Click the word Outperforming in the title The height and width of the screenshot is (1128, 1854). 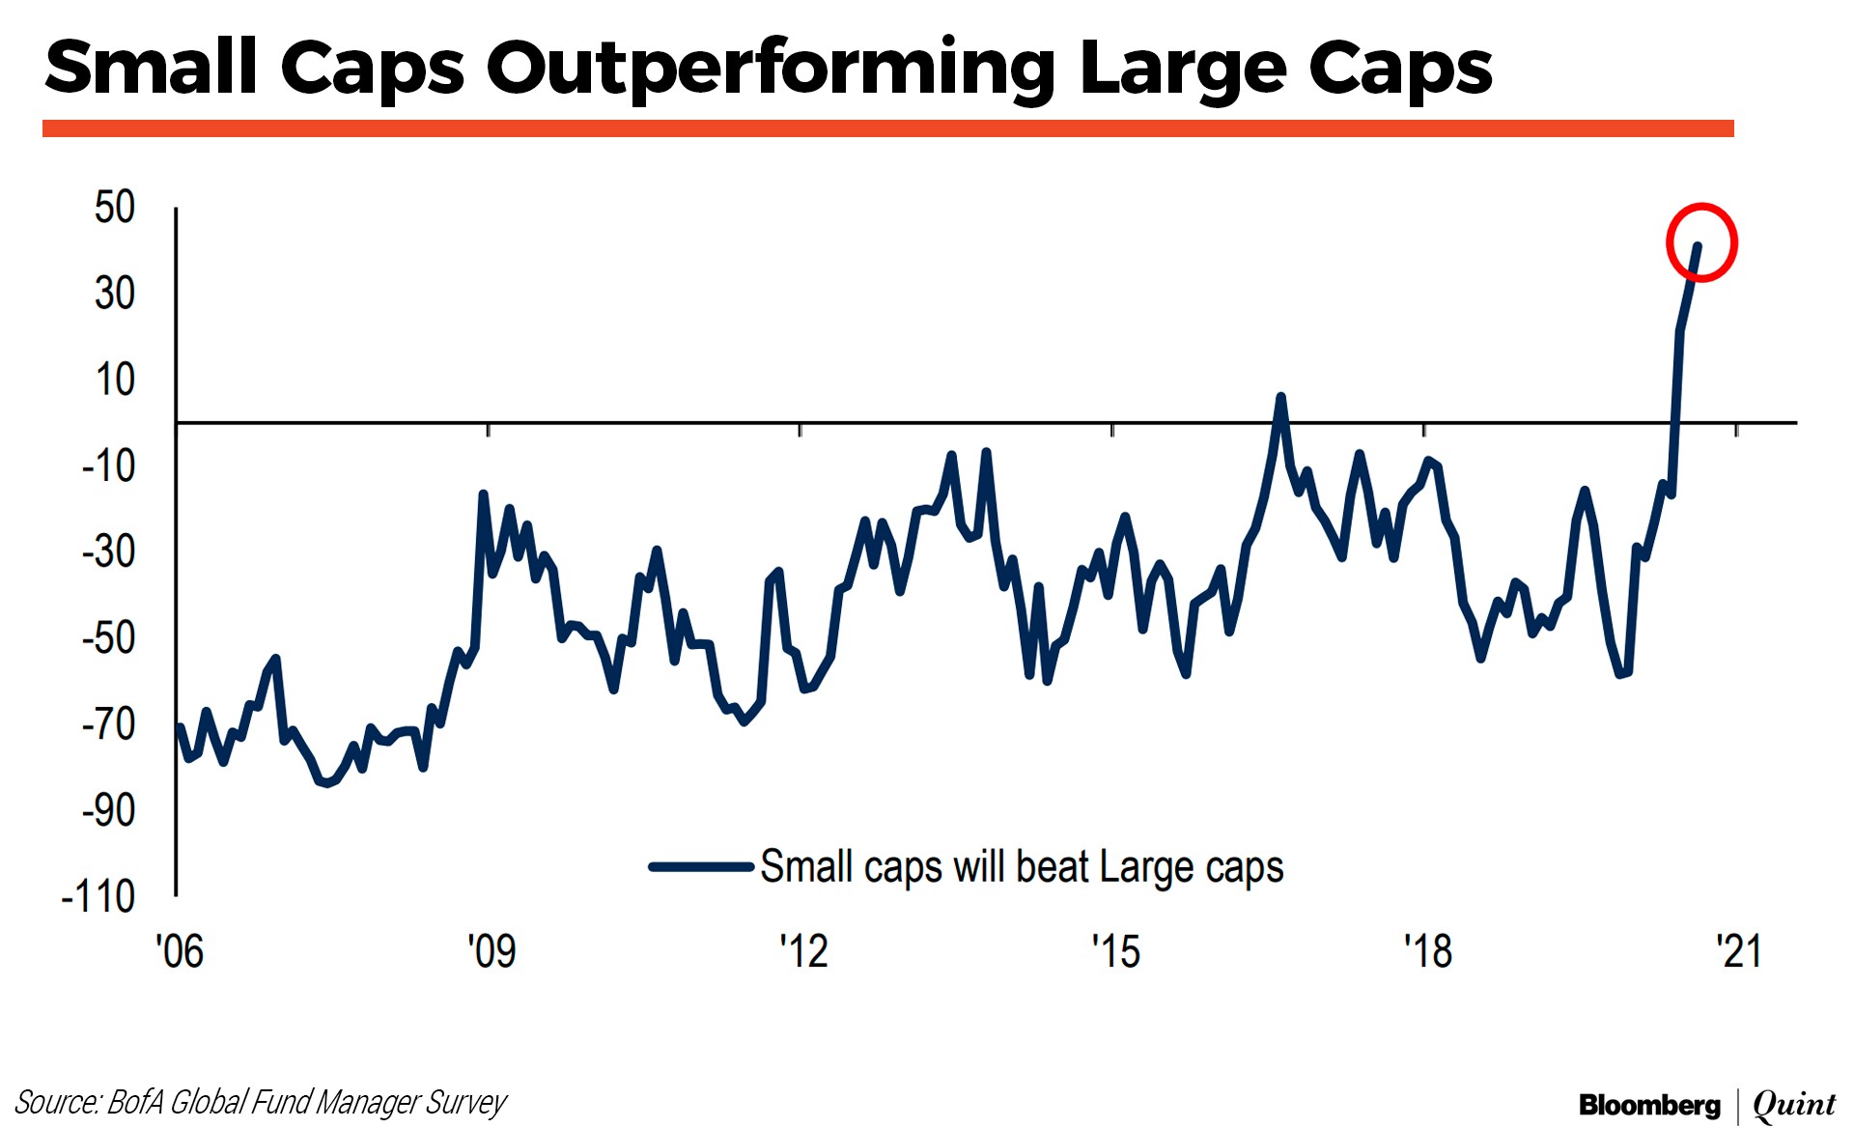771,70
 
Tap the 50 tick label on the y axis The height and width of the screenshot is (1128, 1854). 115,207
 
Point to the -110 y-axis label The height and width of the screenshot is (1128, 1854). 98,896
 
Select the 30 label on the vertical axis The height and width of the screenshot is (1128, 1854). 115,293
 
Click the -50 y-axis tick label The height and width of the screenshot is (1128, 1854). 108,637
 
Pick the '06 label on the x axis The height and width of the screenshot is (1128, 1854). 180,952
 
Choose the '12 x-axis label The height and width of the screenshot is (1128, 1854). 803,952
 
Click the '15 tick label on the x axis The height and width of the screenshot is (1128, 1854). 1116,952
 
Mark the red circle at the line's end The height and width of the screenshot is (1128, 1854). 1701,243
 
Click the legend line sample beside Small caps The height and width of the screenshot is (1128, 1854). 701,866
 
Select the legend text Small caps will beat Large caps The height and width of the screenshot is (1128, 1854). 1022,867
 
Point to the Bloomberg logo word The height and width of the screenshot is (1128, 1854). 1649,1105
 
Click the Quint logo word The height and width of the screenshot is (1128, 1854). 1794,1105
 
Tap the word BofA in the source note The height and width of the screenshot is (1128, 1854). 135,1102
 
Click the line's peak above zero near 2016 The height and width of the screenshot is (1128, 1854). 1280,397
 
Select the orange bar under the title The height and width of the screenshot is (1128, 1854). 888,128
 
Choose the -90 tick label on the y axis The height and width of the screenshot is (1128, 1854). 108,809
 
